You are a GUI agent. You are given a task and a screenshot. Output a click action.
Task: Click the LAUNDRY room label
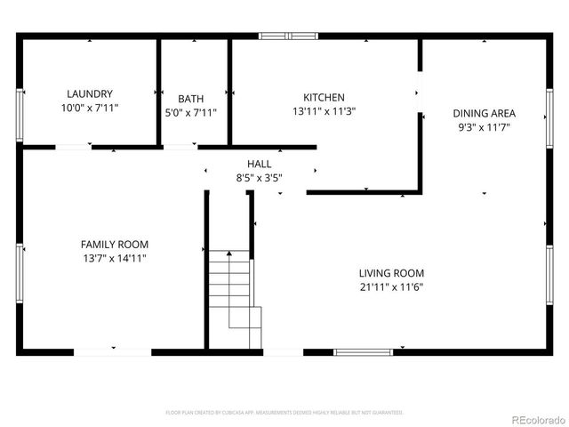tap(89, 93)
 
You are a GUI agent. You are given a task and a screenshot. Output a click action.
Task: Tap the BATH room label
tap(190, 99)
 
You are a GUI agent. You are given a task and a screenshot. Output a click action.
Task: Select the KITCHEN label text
tap(324, 97)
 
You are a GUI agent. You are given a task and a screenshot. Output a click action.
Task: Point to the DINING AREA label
tap(484, 113)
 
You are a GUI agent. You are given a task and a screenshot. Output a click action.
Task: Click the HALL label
tap(259, 164)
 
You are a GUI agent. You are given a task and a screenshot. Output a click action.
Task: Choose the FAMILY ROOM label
tap(115, 244)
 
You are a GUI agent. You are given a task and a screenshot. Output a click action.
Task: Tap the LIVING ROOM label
tap(391, 273)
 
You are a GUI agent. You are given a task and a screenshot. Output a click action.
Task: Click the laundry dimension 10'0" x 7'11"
tap(89, 108)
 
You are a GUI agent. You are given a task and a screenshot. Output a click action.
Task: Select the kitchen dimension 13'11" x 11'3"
tap(324, 111)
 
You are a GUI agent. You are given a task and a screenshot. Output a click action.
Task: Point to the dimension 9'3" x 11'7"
tap(484, 127)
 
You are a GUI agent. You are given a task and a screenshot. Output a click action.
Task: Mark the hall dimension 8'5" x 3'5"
tap(259, 178)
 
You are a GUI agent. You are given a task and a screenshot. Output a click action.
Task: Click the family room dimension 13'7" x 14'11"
tap(115, 258)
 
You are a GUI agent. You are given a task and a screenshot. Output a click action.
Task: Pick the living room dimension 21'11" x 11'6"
tap(391, 287)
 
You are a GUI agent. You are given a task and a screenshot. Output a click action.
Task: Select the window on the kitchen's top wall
tap(288, 36)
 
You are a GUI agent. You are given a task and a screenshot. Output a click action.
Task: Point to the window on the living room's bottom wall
tap(363, 351)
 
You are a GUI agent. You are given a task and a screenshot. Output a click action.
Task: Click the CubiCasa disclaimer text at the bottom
tap(284, 413)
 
